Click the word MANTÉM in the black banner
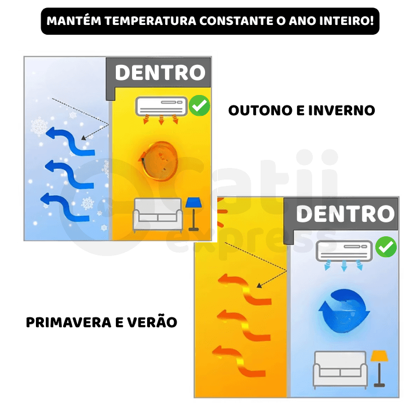[x=74, y=21]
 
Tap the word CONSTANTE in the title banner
[x=236, y=21]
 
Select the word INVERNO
[x=342, y=111]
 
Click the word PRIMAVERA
[x=68, y=323]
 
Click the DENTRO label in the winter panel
[x=160, y=72]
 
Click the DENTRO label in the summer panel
[x=345, y=214]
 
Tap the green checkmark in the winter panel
[x=199, y=105]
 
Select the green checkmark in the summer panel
[x=386, y=247]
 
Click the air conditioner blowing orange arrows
[x=161, y=107]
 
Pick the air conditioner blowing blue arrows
[x=344, y=251]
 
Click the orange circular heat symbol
[x=159, y=161]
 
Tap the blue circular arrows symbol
[x=344, y=310]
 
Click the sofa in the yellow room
[x=158, y=215]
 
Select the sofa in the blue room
[x=341, y=369]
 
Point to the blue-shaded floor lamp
[x=193, y=214]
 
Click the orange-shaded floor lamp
[x=379, y=368]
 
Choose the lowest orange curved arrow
[x=239, y=361]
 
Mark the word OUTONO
[x=260, y=111]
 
